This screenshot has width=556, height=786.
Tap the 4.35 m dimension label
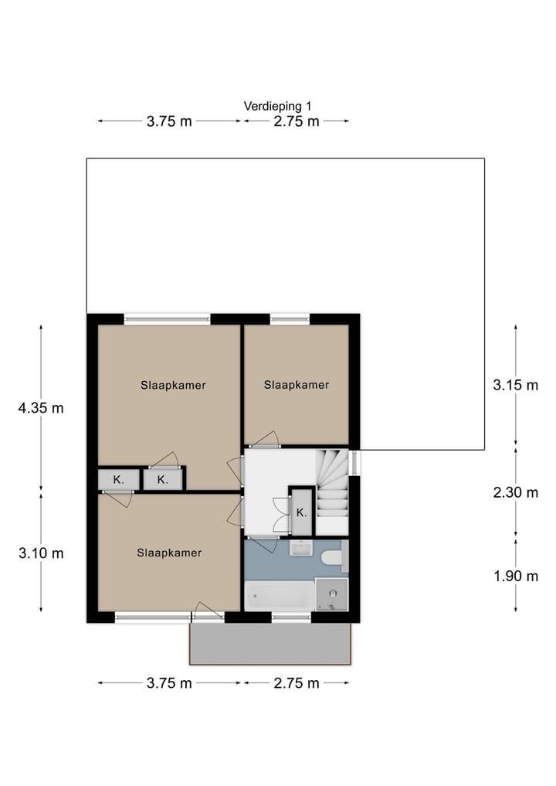40,408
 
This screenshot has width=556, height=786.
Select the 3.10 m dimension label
40,553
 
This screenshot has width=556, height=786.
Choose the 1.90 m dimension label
515,575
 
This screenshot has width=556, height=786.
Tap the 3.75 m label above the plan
168,121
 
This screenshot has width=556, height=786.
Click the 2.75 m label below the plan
296,683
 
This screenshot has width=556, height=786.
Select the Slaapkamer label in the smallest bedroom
297,385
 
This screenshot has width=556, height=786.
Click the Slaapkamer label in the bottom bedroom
169,553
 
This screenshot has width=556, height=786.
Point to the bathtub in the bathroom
279,596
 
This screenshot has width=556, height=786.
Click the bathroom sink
300,549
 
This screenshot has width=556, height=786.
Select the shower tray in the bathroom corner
332,594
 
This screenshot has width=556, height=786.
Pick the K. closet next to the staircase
302,512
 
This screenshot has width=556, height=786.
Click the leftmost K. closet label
118,480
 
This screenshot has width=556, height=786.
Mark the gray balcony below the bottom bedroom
271,644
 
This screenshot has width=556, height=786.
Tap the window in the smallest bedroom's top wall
290,318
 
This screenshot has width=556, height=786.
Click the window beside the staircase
354,463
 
